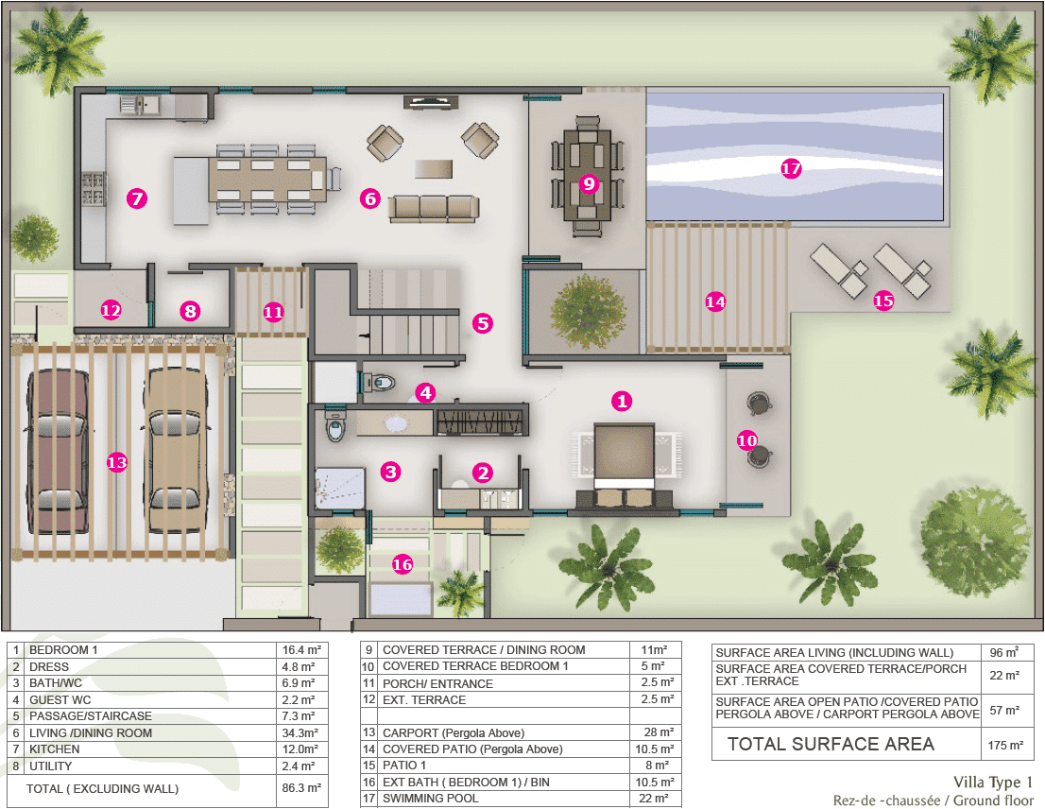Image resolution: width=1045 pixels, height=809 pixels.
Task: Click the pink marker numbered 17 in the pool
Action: tap(791, 168)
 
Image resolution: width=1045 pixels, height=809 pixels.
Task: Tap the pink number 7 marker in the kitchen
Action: tap(137, 198)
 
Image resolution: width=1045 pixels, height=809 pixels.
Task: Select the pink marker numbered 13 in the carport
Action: tap(116, 462)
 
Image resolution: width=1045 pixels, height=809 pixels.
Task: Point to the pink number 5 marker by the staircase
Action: tap(483, 323)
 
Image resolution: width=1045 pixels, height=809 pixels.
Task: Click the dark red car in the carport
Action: tap(58, 451)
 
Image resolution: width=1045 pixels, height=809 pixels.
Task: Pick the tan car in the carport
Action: tap(176, 451)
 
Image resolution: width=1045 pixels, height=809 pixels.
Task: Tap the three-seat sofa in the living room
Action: tap(434, 208)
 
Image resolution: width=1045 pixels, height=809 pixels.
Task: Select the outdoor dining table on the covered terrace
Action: tap(587, 175)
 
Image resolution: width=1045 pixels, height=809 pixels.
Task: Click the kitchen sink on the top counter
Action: tap(140, 104)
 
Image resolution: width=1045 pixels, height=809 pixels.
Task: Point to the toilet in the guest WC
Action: tap(382, 383)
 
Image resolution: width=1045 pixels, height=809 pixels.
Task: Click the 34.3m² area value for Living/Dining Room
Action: tap(300, 732)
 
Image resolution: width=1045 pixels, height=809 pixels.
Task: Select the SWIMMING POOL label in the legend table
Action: tap(431, 799)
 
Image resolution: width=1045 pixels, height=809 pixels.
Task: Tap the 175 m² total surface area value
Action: tap(1006, 745)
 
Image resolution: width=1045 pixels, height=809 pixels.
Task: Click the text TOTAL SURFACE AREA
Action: tap(831, 745)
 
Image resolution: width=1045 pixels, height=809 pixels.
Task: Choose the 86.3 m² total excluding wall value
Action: tap(301, 787)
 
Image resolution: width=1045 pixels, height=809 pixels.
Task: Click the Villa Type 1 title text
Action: tap(993, 782)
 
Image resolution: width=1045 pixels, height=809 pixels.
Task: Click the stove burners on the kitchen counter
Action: tap(94, 189)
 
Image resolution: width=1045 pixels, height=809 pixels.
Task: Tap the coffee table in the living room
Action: tap(433, 168)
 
